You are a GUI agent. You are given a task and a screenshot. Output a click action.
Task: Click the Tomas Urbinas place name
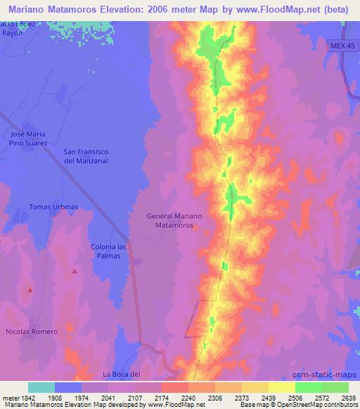coord(53,207)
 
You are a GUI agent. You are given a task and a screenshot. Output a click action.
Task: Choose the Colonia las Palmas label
coord(110,251)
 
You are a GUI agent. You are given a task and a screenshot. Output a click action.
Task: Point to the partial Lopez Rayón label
coord(15,29)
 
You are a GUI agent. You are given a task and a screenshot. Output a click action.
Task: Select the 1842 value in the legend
coord(26,398)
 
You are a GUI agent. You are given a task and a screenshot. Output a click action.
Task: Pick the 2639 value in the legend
coord(348,398)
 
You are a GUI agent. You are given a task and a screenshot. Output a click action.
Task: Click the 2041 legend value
coord(108,398)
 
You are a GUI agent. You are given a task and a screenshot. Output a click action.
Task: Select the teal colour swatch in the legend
coord(41,387)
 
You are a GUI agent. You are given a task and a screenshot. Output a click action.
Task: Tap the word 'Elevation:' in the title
coord(114,9)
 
